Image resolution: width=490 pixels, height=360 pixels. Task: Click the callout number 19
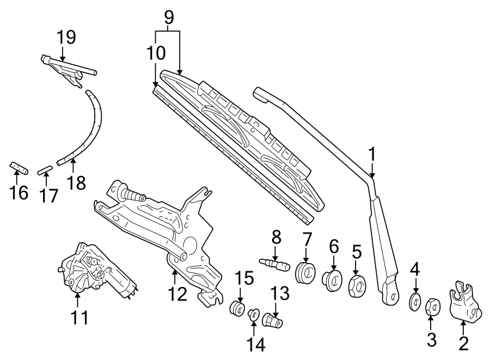pos(66,37)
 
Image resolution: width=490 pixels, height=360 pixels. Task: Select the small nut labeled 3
pos(432,307)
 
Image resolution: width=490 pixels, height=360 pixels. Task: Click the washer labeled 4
pos(415,300)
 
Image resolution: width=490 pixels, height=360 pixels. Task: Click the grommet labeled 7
pos(306,272)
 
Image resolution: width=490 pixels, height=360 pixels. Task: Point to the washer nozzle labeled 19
pos(68,68)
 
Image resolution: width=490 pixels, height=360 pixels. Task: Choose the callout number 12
pos(177,295)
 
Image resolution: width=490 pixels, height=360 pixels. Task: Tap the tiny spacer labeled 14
pos(254,314)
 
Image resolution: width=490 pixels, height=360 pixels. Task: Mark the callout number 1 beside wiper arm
pos(372,154)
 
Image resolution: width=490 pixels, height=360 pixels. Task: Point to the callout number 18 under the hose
pos(77,182)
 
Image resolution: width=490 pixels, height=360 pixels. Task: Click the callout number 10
pos(155,53)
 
